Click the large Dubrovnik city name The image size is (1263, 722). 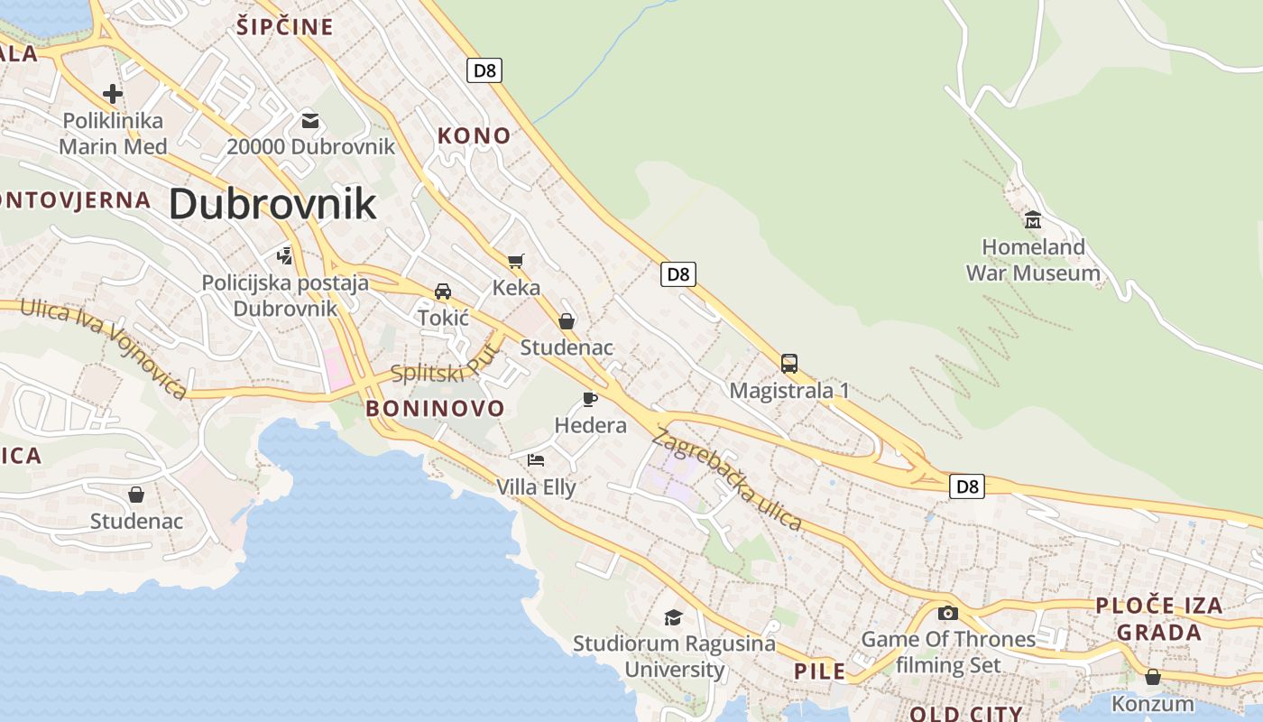[272, 204]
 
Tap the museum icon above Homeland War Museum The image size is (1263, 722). [1032, 219]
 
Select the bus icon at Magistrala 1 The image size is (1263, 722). [789, 364]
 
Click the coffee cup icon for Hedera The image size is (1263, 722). [590, 399]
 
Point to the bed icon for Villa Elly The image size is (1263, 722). [536, 460]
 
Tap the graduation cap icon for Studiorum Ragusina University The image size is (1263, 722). [673, 617]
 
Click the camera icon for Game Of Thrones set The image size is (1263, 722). [947, 614]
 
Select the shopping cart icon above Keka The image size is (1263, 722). [516, 262]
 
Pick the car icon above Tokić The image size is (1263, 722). [443, 292]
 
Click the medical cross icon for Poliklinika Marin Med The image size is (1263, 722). [113, 93]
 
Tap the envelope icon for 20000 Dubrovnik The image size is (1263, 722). [310, 120]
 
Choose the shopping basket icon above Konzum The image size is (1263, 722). [1152, 677]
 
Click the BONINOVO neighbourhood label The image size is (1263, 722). [435, 408]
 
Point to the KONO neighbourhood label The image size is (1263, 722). [474, 136]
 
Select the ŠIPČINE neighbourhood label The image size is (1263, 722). [285, 27]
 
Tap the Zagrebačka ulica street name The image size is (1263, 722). [727, 478]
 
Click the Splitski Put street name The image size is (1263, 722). [445, 364]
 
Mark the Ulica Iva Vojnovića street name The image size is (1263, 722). [104, 347]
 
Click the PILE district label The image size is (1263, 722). [820, 671]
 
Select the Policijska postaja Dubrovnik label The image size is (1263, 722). [285, 295]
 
